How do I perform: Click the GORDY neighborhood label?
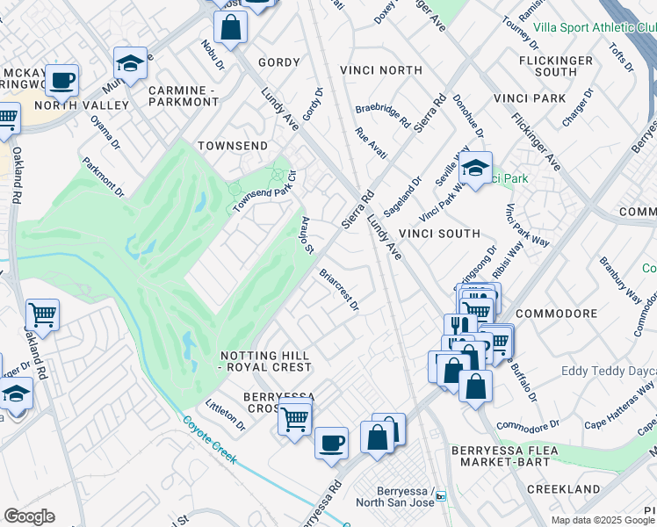278,62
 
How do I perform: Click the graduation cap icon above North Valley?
130,63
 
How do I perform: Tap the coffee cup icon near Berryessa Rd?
331,443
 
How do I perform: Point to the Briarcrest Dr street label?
339,289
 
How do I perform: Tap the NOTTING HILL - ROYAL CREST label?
264,360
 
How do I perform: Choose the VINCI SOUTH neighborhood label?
439,234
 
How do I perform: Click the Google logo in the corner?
29,516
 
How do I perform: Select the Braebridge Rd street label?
382,114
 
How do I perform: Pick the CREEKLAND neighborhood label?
564,488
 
